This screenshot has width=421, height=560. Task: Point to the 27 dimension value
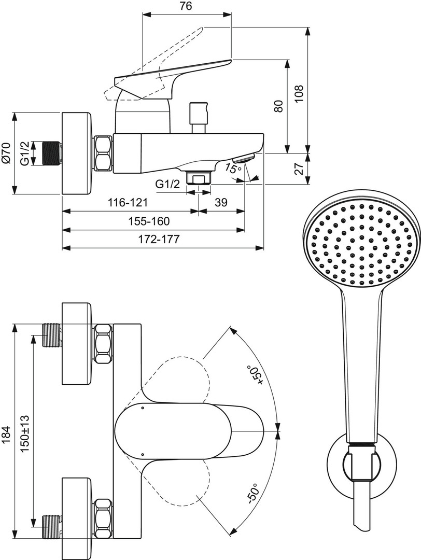click(299, 168)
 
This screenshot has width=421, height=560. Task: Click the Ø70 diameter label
click(7, 153)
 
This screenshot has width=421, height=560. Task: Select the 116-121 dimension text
click(128, 203)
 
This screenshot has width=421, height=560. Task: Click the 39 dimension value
click(221, 203)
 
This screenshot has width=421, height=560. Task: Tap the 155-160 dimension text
click(149, 221)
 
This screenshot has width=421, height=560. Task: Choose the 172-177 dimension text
click(159, 239)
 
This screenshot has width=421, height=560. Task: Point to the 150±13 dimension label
click(25, 435)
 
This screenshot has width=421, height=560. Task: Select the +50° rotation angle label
click(255, 375)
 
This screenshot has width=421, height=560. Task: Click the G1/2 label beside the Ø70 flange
click(25, 153)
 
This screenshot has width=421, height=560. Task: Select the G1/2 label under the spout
click(167, 184)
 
